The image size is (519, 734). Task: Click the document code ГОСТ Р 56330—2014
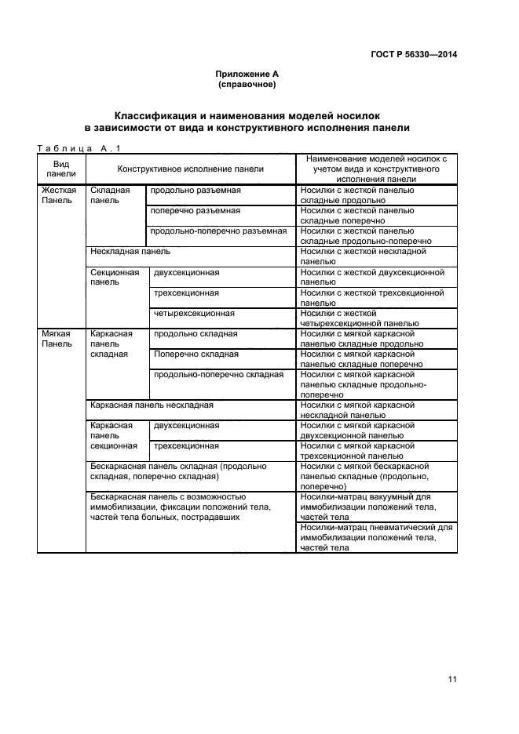413,54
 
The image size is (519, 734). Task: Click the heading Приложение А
247,74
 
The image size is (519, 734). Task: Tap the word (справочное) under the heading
247,84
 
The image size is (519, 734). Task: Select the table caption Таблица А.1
72,147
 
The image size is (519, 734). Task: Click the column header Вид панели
60,168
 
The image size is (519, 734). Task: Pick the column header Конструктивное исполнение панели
190,169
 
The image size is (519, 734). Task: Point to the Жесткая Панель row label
58,195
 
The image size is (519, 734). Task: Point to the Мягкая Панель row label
57,338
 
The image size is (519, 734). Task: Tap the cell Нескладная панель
130,252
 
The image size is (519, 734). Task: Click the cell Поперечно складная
196,354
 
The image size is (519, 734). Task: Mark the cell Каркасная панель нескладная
152,405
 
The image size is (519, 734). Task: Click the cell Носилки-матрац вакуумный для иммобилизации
375,507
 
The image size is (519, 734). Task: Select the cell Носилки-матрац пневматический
375,537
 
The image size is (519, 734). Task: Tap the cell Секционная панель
115,277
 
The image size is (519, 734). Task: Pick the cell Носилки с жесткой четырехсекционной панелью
375,318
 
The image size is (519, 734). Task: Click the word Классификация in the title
160,114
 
